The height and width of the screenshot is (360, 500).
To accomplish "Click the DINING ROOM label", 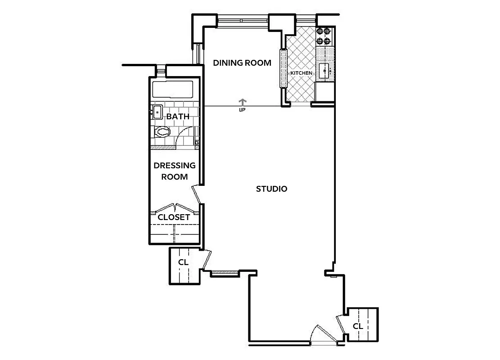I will pos(242,63).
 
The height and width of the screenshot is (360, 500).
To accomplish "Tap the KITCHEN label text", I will pos(301,73).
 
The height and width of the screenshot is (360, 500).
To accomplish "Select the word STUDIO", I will pos(271,189).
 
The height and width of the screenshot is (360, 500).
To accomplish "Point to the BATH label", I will pos(177,117).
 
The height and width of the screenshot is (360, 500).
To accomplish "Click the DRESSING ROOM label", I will pos(175,171).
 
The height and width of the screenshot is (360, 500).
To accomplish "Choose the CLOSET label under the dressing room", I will pos(173,217).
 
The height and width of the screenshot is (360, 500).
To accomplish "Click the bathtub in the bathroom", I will pos(173,90).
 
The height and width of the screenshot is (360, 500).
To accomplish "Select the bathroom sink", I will pos(158,111).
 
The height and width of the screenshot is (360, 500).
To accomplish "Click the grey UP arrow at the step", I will pos(243,102).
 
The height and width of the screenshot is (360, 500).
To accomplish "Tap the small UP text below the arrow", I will pos(242,109).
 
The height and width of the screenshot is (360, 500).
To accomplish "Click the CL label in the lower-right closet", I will pos(358,326).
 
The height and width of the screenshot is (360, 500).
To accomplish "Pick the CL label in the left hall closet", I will pos(183,262).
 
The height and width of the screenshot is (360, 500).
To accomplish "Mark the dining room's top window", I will pos(243,20).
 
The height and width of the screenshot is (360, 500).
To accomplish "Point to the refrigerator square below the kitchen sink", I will pos(325,92).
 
